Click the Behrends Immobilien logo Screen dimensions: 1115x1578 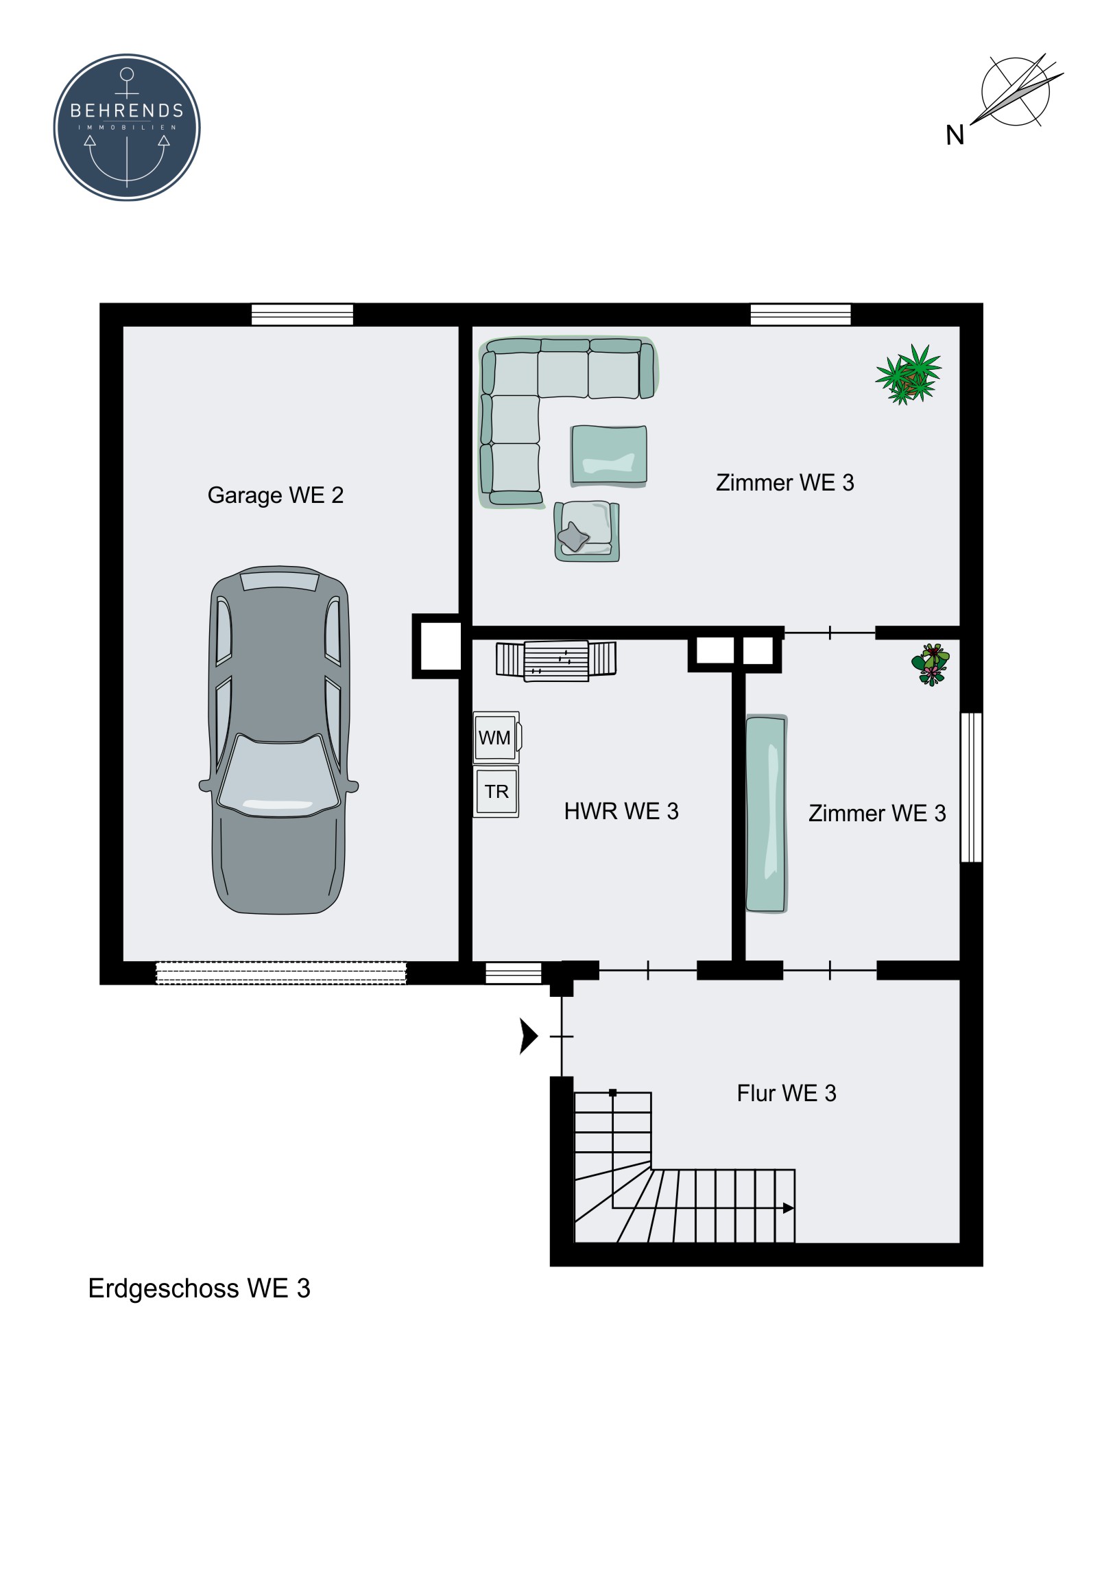pos(127,127)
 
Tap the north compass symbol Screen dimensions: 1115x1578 pos(1016,92)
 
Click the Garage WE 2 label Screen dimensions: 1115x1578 pos(276,495)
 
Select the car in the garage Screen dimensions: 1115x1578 pos(279,740)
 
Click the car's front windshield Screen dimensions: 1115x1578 pos(278,775)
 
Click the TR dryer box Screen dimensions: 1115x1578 pos(496,792)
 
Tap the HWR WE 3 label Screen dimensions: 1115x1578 pos(621,811)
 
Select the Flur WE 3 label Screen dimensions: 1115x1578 pos(787,1093)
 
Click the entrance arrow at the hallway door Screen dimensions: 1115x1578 pos(528,1036)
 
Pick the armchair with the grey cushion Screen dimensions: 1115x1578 pos(588,531)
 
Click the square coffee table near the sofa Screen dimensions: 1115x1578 pos(609,456)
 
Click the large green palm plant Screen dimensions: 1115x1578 pos(908,375)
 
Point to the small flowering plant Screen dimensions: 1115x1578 pos(931,665)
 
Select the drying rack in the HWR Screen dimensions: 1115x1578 pos(555,661)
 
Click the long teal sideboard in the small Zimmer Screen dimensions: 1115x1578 pos(766,814)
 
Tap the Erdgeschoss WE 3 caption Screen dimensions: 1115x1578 pos(200,1288)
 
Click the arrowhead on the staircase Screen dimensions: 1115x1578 pos(789,1208)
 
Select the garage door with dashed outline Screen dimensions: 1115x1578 pos(281,973)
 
